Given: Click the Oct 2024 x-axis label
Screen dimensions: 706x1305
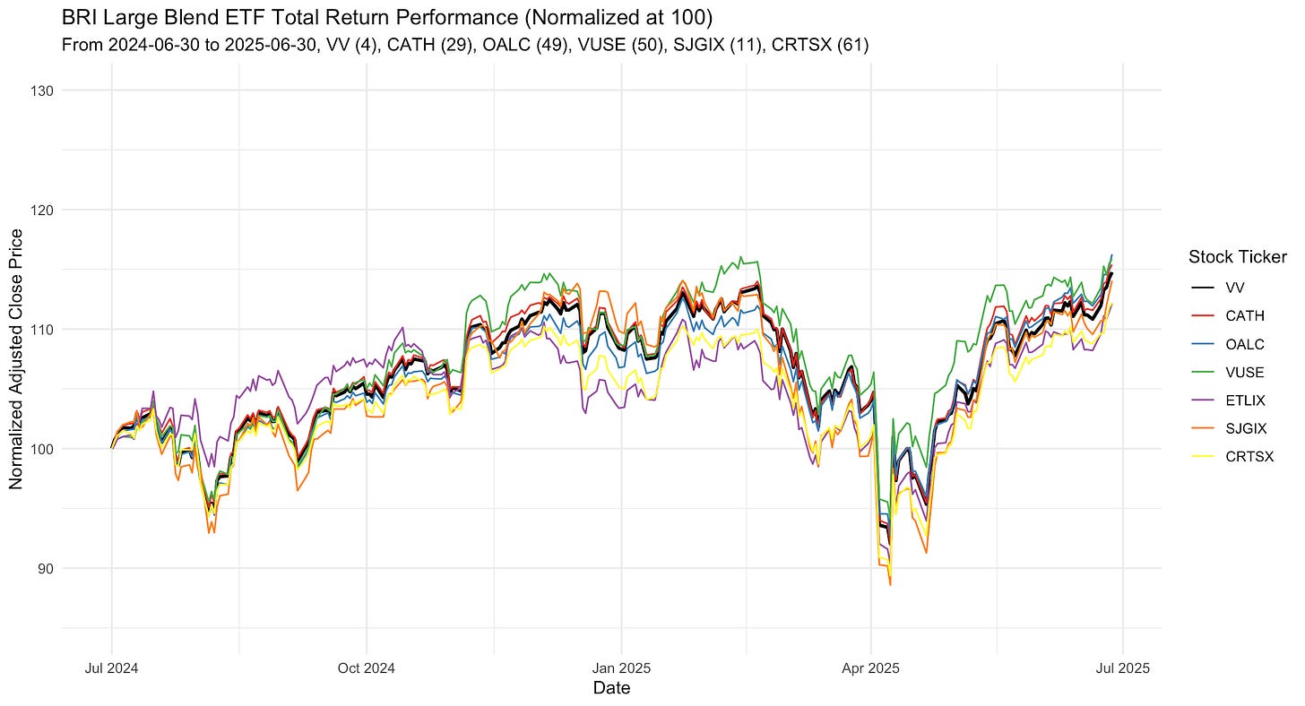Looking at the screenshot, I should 367,668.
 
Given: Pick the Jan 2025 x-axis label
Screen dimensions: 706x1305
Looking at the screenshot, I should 620,668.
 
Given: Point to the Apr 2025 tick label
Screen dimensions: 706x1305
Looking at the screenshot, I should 870,668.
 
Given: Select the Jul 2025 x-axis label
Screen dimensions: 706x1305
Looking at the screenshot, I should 1124,668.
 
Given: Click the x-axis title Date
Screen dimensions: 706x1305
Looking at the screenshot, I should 611,688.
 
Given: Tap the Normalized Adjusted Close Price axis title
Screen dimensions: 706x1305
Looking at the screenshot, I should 16,358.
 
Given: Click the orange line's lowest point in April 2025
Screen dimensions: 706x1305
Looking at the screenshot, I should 890,585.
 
